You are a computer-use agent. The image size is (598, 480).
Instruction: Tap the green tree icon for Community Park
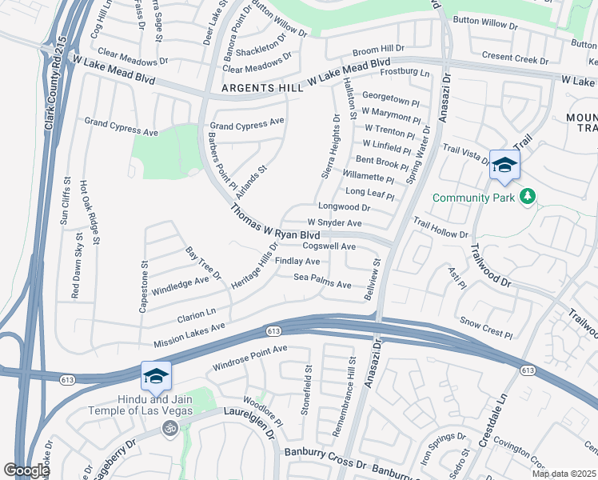coord(527,196)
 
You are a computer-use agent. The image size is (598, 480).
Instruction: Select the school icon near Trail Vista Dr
coord(504,166)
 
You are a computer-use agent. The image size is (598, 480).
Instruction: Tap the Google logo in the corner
coord(26,470)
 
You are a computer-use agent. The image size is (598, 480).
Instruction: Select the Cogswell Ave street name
coord(329,246)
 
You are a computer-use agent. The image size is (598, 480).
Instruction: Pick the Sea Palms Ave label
coord(323,284)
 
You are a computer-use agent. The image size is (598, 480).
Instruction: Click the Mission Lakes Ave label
coord(189,334)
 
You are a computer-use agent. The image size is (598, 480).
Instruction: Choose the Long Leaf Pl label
coord(369,192)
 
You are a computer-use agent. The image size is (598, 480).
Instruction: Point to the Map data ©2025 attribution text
coord(563,474)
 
